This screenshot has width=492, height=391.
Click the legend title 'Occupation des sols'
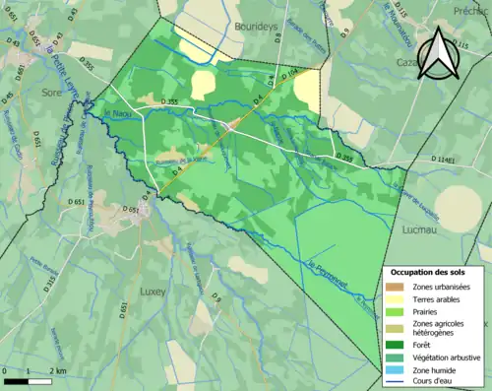coord(427,271)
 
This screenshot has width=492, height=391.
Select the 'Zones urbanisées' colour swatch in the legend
coord(397,287)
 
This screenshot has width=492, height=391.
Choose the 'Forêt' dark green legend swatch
coord(397,344)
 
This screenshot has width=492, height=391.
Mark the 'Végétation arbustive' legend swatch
coord(397,357)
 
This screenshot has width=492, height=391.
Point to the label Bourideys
coord(259,27)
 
